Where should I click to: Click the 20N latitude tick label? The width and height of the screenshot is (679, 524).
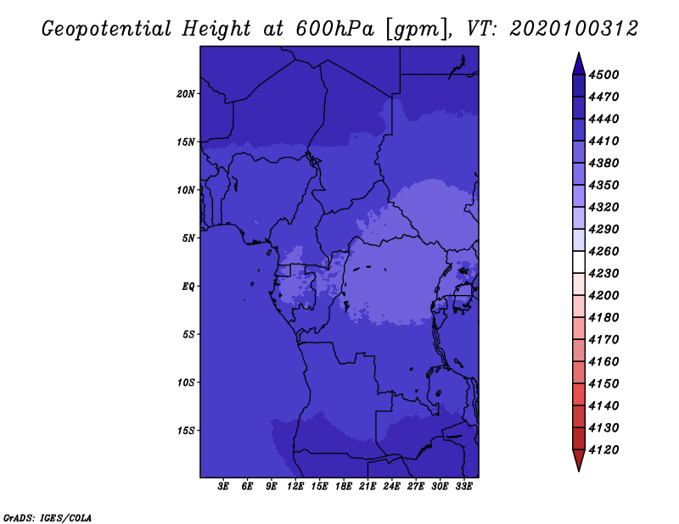pyautogui.click(x=186, y=94)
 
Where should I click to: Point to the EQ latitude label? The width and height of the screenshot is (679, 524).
pyautogui.click(x=188, y=287)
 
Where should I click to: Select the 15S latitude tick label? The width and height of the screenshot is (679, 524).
pyautogui.click(x=186, y=431)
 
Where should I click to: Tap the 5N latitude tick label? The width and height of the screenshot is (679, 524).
pyautogui.click(x=188, y=238)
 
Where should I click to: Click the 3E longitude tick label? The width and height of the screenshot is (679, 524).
pyautogui.click(x=223, y=487)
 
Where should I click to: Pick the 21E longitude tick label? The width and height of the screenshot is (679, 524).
pyautogui.click(x=368, y=487)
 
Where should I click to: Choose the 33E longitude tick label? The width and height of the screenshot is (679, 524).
pyautogui.click(x=463, y=487)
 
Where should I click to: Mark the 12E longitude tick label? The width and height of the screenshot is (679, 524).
pyautogui.click(x=295, y=487)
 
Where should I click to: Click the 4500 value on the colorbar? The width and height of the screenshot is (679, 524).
pyautogui.click(x=603, y=75)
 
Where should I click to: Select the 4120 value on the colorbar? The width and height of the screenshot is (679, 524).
pyautogui.click(x=603, y=450)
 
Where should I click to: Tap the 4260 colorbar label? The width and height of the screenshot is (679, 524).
pyautogui.click(x=603, y=251)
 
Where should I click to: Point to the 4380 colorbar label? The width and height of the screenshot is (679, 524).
pyautogui.click(x=603, y=163)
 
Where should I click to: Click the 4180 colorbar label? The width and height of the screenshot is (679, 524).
pyautogui.click(x=603, y=318)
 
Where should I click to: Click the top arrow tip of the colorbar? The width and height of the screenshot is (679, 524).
pyautogui.click(x=579, y=53)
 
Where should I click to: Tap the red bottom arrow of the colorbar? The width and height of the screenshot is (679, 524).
pyautogui.click(x=579, y=460)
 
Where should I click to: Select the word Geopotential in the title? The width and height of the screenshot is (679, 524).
pyautogui.click(x=107, y=29)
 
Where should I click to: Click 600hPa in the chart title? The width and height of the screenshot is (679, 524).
pyautogui.click(x=334, y=29)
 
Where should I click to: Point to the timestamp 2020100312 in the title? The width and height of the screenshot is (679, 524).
pyautogui.click(x=574, y=29)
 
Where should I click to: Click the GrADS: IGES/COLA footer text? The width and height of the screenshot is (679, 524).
pyautogui.click(x=48, y=518)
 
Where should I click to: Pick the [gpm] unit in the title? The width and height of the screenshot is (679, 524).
pyautogui.click(x=418, y=30)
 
